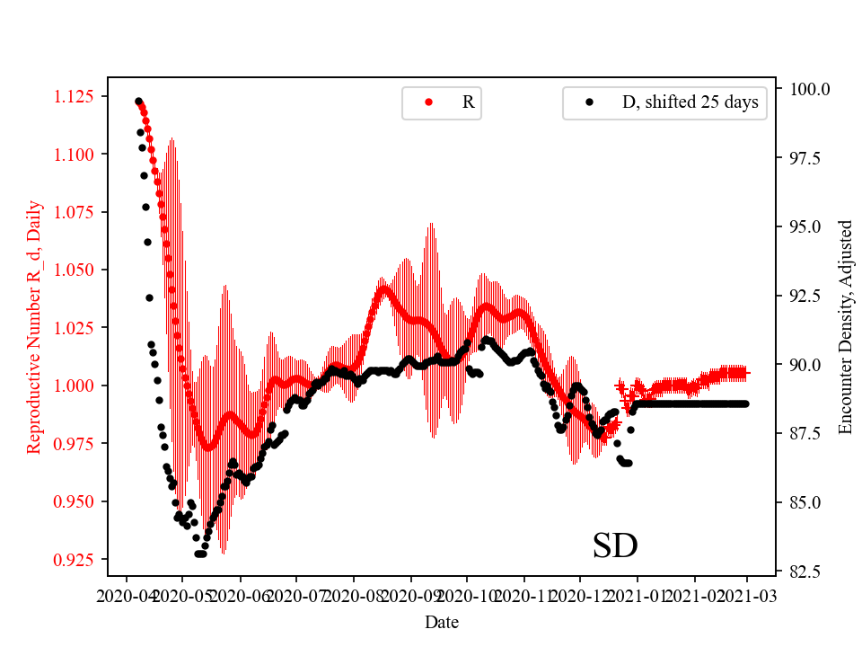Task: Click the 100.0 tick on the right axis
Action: pyautogui.click(x=809, y=89)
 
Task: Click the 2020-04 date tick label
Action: pyautogui.click(x=127, y=595)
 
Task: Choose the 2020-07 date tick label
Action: pyautogui.click(x=295, y=595)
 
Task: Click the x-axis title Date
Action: pyautogui.click(x=442, y=622)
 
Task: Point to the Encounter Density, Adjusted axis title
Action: pyautogui.click(x=844, y=327)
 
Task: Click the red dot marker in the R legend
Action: pyautogui.click(x=428, y=102)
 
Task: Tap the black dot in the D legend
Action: pyautogui.click(x=589, y=102)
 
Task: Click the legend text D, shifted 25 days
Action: pyautogui.click(x=690, y=102)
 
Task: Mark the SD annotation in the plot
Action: pyautogui.click(x=615, y=545)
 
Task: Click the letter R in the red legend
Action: pyautogui.click(x=468, y=102)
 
